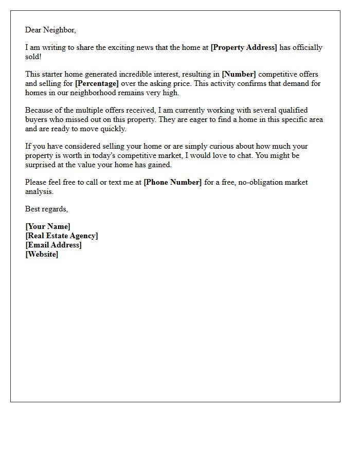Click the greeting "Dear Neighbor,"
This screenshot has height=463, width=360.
tap(50, 30)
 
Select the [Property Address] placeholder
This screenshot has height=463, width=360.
tap(244, 47)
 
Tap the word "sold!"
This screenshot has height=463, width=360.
tap(33, 56)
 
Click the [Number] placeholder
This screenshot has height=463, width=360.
tap(239, 75)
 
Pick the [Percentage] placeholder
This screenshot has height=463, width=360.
tap(97, 83)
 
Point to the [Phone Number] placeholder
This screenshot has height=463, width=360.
tap(173, 182)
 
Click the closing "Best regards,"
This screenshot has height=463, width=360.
tap(46, 209)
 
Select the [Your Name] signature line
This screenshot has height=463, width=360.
tap(48, 226)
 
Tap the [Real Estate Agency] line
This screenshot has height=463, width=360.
tap(62, 236)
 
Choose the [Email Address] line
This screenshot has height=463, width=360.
tap(53, 245)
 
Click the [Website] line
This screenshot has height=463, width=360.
tap(42, 254)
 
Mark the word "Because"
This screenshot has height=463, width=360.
tap(39, 111)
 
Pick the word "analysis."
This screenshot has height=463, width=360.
tap(39, 191)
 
